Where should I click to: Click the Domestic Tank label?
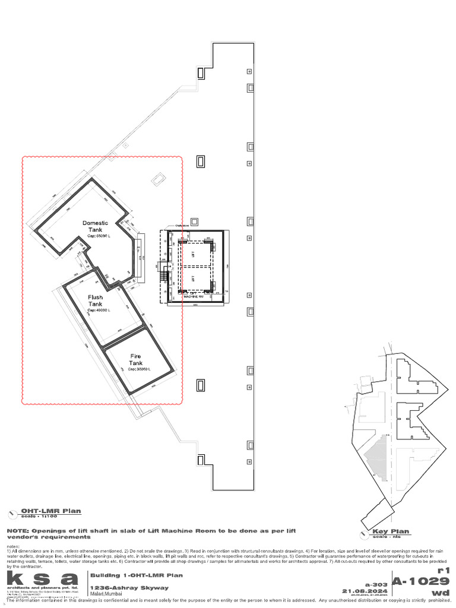(95, 226)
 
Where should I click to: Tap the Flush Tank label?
(96, 300)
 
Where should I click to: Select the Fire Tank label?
(136, 359)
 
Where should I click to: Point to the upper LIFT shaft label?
(193, 254)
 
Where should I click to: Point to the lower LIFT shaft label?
(193, 278)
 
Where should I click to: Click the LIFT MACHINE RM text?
(197, 294)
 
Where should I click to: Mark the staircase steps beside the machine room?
(163, 276)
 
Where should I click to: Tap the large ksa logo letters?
(42, 578)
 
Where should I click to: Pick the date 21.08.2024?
(365, 591)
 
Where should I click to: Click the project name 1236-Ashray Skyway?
(129, 588)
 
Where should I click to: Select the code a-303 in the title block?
(375, 584)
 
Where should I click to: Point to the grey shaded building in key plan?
(376, 457)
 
